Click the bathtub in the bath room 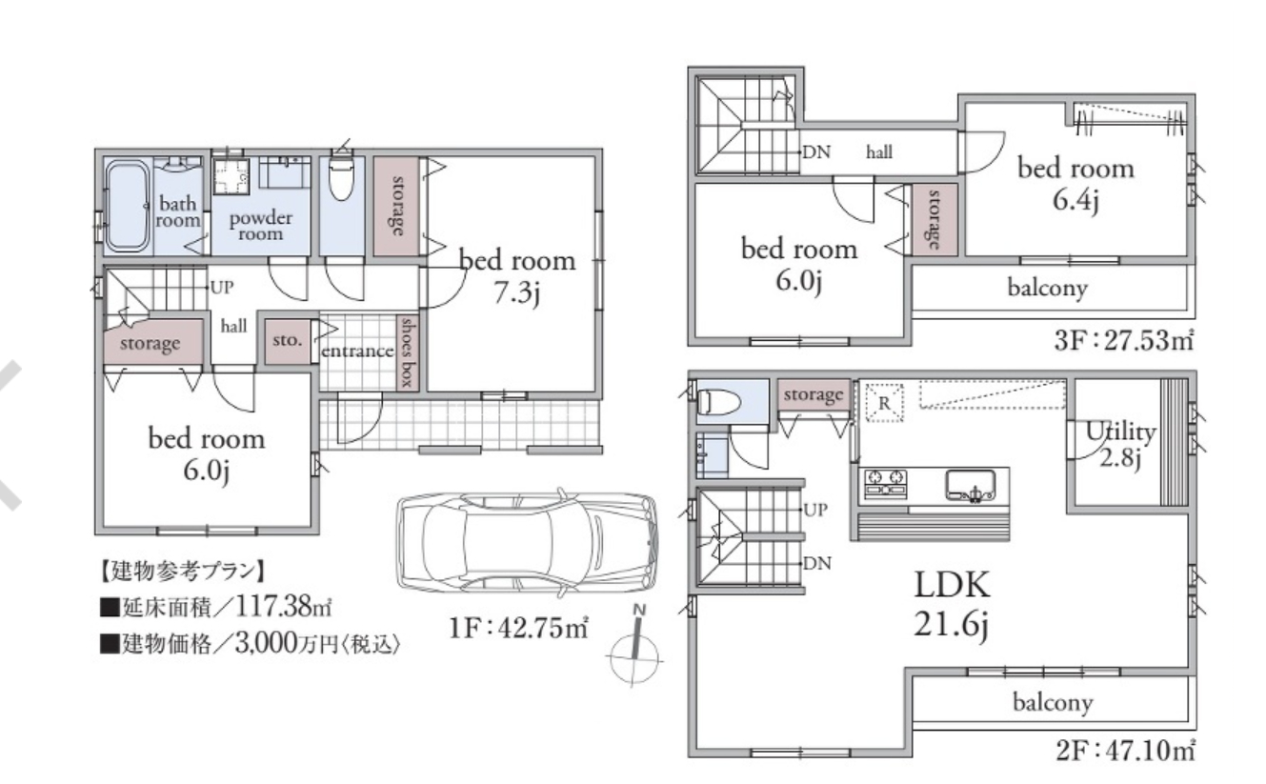pyautogui.click(x=128, y=206)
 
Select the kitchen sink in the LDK pyautogui.click(x=971, y=485)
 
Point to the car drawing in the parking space pyautogui.click(x=527, y=543)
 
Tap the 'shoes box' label pyautogui.click(x=407, y=352)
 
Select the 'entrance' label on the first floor pyautogui.click(x=357, y=352)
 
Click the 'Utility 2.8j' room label pyautogui.click(x=1120, y=445)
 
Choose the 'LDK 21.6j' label pyautogui.click(x=952, y=604)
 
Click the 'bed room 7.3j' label pyautogui.click(x=517, y=276)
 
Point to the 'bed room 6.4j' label pyautogui.click(x=1075, y=184)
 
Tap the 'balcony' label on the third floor pyautogui.click(x=1047, y=288)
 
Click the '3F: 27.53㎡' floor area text pyautogui.click(x=1123, y=340)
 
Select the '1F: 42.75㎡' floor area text pyautogui.click(x=518, y=628)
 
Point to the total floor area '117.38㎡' pyautogui.click(x=283, y=607)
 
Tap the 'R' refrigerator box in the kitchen pyautogui.click(x=885, y=402)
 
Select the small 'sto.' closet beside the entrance pyautogui.click(x=287, y=341)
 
